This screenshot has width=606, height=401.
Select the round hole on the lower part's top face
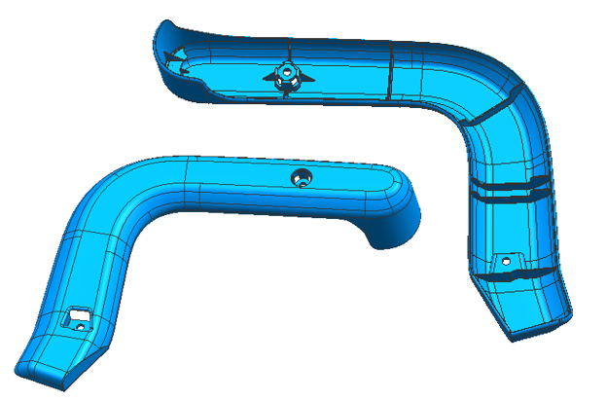pyautogui.click(x=301, y=177)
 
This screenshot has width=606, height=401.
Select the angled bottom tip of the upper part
pyautogui.click(x=525, y=326)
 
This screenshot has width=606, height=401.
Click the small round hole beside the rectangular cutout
pyautogui.click(x=81, y=327)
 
